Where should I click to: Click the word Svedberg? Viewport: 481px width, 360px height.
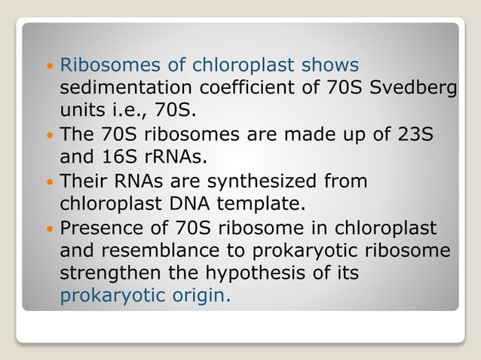tap(414, 89)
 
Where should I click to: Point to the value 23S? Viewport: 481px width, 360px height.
tap(414, 136)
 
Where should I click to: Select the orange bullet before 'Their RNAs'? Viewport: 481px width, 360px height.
tap(49, 182)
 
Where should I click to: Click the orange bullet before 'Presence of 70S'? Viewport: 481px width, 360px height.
tap(49, 228)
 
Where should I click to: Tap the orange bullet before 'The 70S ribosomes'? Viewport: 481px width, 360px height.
tap(49, 136)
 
